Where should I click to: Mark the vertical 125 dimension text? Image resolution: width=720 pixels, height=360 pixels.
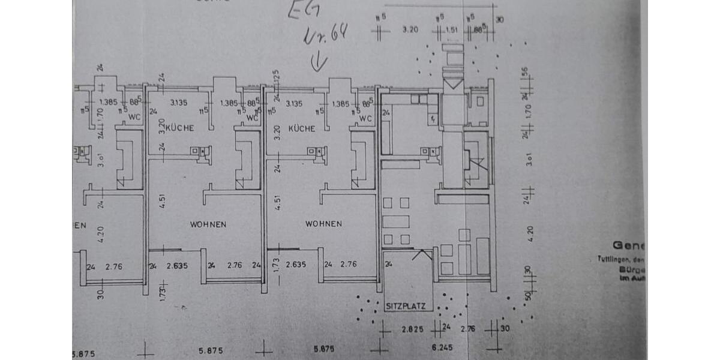point(277,77)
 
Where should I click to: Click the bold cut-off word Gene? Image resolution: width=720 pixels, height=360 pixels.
point(628,245)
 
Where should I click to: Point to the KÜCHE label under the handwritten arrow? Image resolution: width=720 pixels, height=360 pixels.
point(302,129)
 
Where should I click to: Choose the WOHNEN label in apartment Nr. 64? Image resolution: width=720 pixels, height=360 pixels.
point(323,224)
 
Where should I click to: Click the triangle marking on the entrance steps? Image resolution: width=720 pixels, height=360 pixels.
point(453,83)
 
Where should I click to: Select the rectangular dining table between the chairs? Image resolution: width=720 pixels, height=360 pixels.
point(396,221)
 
